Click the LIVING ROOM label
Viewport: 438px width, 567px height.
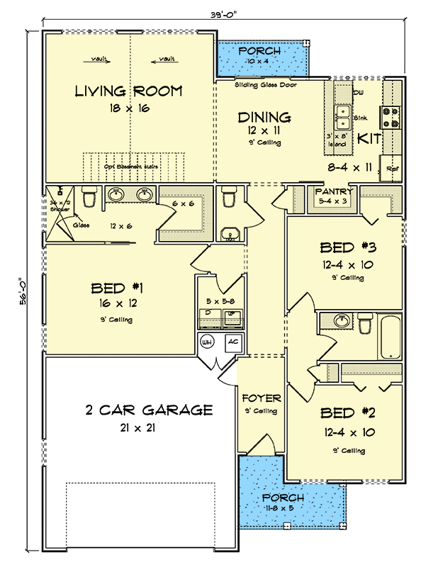pos(129,91)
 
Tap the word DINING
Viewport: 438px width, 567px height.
pos(264,117)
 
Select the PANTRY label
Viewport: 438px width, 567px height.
pos(333,191)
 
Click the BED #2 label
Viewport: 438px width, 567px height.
pos(347,412)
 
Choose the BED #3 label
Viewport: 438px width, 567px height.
pos(347,247)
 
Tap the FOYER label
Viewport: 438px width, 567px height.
pos(262,398)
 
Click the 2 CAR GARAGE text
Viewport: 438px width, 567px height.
pos(149,410)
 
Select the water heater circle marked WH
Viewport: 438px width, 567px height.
pos(208,342)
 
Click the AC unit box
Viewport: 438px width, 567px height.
pos(232,342)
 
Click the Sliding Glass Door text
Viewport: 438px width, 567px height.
pos(266,85)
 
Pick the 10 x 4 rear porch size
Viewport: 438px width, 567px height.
pos(259,62)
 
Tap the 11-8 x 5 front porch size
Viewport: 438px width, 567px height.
pos(283,508)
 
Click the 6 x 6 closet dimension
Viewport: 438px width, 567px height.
pos(183,204)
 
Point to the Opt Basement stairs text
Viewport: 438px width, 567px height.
pos(130,167)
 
